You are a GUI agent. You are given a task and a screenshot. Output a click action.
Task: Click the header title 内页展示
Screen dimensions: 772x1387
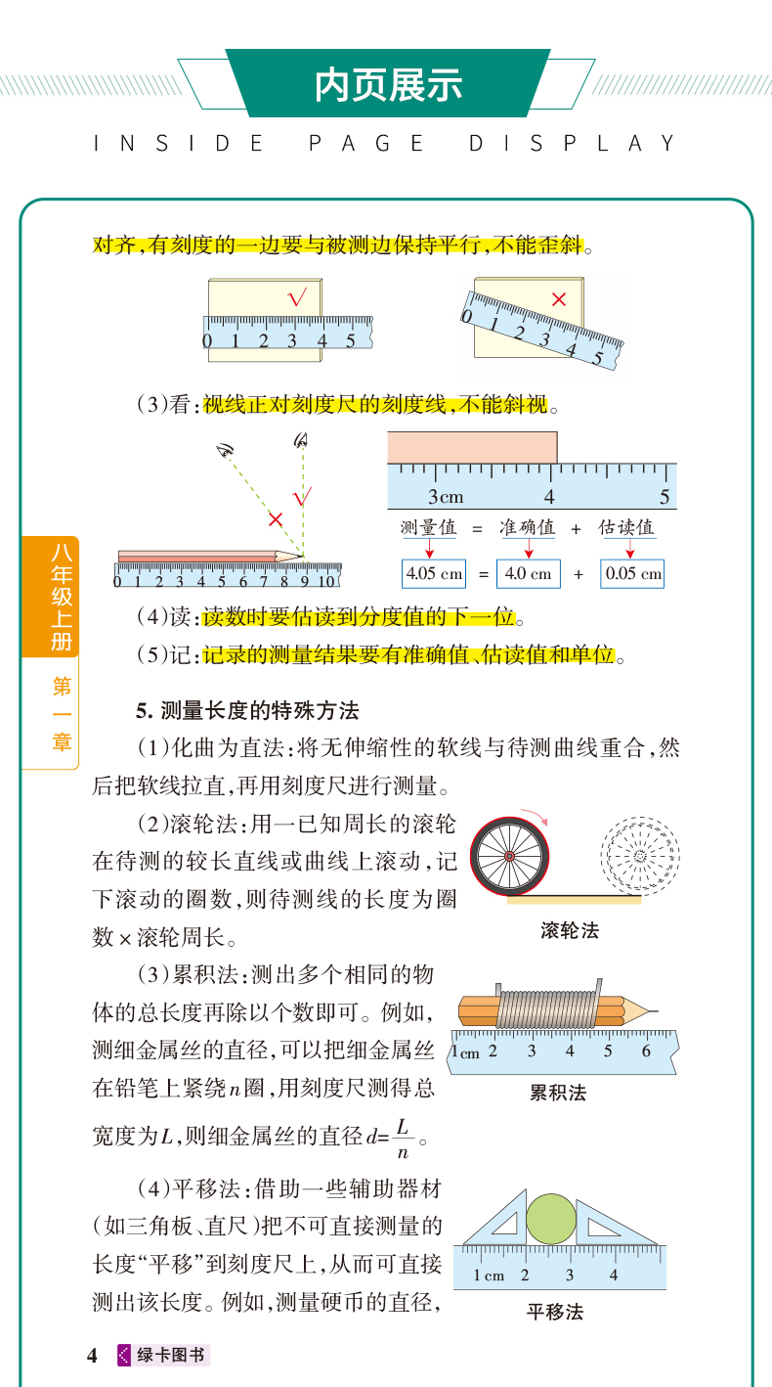tap(388, 85)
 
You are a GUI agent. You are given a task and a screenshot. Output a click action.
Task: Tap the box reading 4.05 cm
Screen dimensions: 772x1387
tap(434, 573)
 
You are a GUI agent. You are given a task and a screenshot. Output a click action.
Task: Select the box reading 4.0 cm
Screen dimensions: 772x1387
tap(529, 573)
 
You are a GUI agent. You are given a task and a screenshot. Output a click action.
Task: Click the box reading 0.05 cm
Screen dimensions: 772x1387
tap(632, 573)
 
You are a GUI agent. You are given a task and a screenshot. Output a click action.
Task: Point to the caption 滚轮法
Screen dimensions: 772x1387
tap(570, 930)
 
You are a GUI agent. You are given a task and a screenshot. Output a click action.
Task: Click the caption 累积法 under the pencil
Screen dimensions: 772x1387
tap(558, 1093)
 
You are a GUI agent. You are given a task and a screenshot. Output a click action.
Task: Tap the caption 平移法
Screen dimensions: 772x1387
tap(555, 1312)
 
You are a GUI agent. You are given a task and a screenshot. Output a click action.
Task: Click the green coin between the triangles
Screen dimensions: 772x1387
tap(550, 1219)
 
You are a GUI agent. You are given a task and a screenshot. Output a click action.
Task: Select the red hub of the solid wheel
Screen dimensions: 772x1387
tap(510, 856)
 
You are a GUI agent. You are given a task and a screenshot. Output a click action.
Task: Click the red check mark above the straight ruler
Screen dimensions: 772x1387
tap(297, 298)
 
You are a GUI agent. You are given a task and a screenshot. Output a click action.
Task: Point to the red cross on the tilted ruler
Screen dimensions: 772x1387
tap(559, 299)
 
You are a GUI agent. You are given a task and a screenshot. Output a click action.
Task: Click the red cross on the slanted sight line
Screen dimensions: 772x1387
tap(276, 518)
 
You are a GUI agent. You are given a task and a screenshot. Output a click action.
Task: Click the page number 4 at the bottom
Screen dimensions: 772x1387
tap(92, 1356)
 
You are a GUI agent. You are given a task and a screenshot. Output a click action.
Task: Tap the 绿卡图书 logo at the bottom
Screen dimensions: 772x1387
tap(163, 1355)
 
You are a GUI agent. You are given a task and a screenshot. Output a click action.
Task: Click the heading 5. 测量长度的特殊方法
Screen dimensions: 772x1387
tap(247, 710)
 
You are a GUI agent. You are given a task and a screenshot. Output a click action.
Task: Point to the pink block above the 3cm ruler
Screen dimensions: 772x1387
tap(472, 448)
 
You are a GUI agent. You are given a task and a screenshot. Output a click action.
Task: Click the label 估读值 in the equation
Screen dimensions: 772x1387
tap(626, 527)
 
